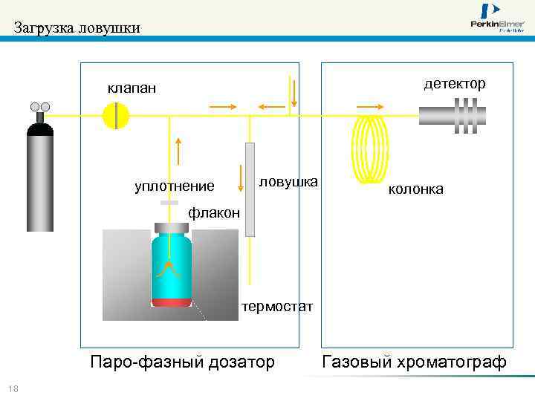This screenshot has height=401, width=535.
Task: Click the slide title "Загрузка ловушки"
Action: click(77, 29)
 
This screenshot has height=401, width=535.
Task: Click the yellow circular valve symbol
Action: click(116, 115)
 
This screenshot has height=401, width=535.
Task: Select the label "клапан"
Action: click(132, 88)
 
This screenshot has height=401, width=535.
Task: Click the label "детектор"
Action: click(455, 83)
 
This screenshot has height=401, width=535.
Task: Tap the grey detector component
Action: click(453, 115)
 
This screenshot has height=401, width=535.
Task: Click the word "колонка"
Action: click(415, 189)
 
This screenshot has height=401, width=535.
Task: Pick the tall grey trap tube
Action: click(250, 189)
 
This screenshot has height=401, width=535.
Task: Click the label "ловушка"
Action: click(288, 181)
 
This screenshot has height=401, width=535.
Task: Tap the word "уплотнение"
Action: click(174, 186)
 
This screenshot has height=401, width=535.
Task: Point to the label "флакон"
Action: click(214, 213)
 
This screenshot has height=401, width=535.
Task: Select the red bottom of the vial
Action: click(172, 301)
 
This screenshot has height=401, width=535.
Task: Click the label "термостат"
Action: click(278, 307)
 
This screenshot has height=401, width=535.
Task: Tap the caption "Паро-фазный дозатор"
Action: click(182, 362)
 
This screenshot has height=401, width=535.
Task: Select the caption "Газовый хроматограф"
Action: click(414, 362)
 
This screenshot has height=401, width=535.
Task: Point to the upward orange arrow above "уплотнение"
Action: click(178, 151)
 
